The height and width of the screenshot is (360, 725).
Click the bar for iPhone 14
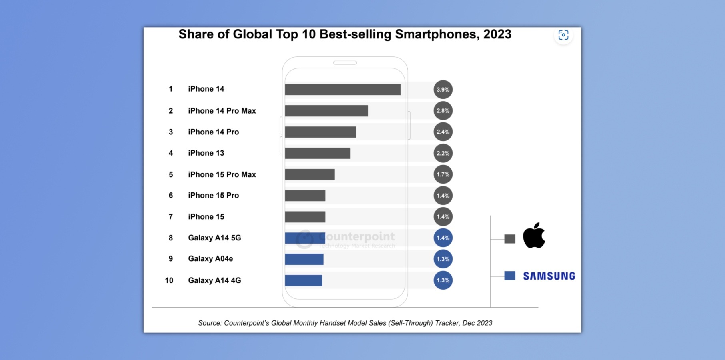point(342,90)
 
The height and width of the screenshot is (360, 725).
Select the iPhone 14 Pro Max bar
point(326,111)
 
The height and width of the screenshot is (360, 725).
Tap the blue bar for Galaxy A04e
point(304,259)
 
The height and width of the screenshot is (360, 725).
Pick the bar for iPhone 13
point(318,153)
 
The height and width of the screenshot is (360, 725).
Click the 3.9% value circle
point(443,90)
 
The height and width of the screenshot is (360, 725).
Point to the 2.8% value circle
point(443,111)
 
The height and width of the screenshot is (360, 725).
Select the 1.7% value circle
point(443,174)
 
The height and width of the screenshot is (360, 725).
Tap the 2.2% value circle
point(443,153)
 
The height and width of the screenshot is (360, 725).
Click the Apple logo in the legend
point(534,236)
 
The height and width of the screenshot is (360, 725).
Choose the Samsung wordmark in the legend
point(549,276)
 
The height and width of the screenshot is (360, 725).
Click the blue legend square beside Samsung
point(510,276)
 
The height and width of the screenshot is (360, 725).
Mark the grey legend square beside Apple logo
point(510,239)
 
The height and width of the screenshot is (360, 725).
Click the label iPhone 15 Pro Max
point(222,174)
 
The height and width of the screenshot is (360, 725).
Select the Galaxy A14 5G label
point(214,238)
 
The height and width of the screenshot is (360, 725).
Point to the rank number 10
point(169,280)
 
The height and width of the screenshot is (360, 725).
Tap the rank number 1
point(171,89)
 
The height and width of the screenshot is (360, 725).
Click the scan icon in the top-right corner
point(563,35)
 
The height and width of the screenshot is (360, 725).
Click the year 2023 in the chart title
point(497,34)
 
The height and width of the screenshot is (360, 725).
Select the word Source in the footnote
point(209,323)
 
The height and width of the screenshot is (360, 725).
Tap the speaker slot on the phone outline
point(345,63)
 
